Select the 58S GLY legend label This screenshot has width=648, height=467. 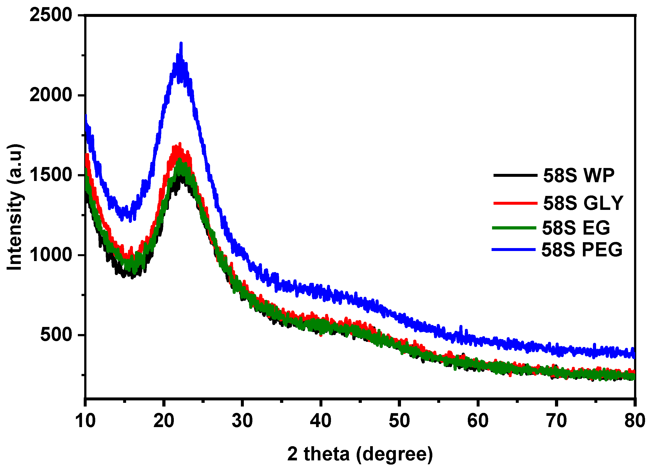pyautogui.click(x=583, y=203)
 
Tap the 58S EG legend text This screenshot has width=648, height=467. pyautogui.click(x=576, y=228)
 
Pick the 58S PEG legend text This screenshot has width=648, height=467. pyautogui.click(x=582, y=250)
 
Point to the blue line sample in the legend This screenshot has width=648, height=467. pyautogui.click(x=513, y=250)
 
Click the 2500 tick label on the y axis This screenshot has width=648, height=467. pyautogui.click(x=51, y=15)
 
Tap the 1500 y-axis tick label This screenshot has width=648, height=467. pyautogui.click(x=51, y=175)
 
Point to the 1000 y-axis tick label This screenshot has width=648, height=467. pyautogui.click(x=51, y=255)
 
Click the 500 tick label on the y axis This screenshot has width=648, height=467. pyautogui.click(x=56, y=335)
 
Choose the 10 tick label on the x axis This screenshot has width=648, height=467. pyautogui.click(x=85, y=421)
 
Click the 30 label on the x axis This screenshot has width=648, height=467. pyautogui.click(x=242, y=421)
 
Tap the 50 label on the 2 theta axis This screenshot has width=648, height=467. pyautogui.click(x=399, y=421)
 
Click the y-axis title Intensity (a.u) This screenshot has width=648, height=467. pyautogui.click(x=15, y=207)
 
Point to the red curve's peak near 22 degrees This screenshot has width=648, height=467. pyautogui.click(x=180, y=144)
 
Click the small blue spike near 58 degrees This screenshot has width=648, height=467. pyautogui.click(x=460, y=327)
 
